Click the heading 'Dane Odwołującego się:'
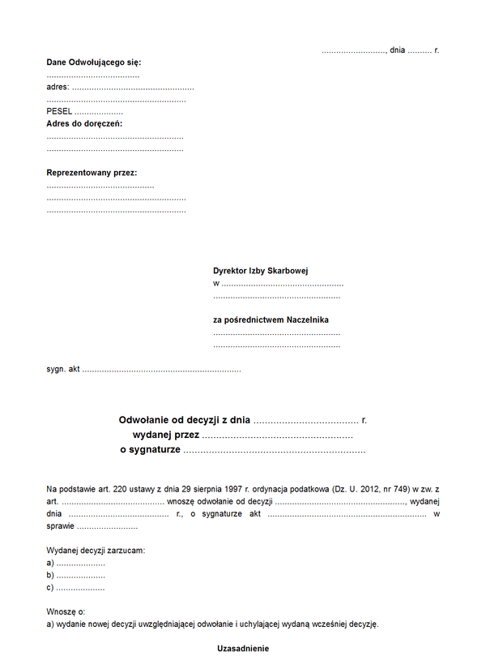click(94, 62)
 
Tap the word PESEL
click(59, 111)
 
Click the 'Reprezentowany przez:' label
click(92, 173)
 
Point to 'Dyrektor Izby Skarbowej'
click(261, 271)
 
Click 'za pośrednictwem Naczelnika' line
click(271, 319)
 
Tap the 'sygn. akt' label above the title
click(63, 369)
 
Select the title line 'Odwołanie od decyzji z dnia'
click(185, 420)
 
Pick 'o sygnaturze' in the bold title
click(150, 449)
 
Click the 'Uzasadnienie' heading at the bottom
click(243, 649)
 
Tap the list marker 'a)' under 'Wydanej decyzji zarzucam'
click(50, 563)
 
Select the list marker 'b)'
click(50, 575)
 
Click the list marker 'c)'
click(50, 588)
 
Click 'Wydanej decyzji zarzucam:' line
click(96, 551)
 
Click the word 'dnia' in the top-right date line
click(397, 50)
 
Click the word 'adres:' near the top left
click(58, 87)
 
